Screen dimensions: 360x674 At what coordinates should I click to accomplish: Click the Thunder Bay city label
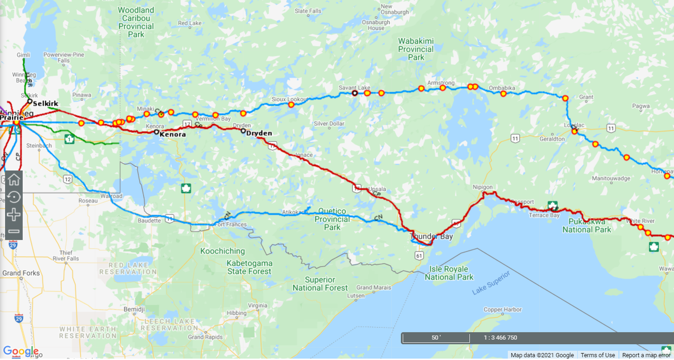pos(431,237)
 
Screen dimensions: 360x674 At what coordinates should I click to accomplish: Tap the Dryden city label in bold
pos(259,133)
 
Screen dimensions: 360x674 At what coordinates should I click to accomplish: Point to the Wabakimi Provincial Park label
pos(415,49)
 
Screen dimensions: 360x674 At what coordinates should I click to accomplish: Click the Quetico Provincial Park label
pos(332,219)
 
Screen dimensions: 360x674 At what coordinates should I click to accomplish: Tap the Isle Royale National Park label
pos(449,273)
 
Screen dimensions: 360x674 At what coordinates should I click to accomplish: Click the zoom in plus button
pos(14,215)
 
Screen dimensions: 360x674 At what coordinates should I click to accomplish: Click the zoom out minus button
pos(14,232)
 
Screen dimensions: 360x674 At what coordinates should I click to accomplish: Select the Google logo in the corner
pos(21,351)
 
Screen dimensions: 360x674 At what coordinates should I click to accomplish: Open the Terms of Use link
pos(598,355)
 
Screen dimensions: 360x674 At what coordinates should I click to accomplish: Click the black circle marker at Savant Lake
pos(355,93)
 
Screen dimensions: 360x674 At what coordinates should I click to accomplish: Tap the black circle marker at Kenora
pos(156,133)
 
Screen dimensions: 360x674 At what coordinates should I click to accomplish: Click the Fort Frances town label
pos(231,225)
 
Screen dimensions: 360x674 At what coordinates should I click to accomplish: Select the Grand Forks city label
pos(21,273)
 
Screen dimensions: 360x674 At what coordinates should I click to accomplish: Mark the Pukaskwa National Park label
pos(587,225)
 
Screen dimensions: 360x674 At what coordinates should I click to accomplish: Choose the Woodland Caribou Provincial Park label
pos(136,22)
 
